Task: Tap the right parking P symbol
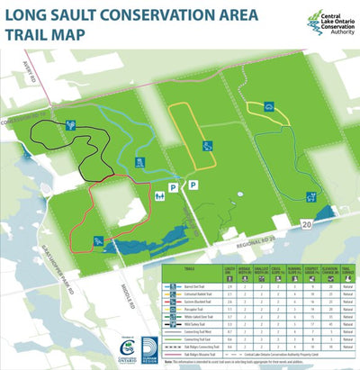[x=192, y=185]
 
